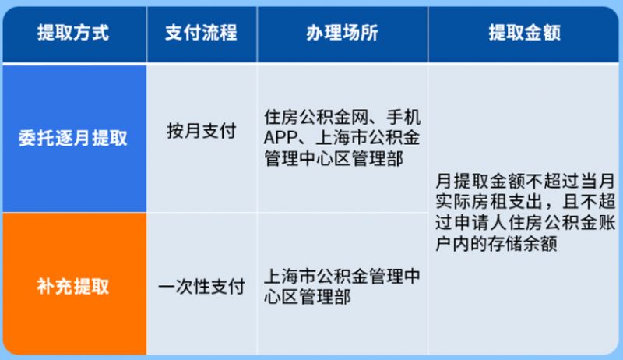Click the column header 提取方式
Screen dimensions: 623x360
point(73,33)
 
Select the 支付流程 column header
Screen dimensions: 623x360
point(201,33)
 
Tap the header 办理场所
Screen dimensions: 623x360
point(342,33)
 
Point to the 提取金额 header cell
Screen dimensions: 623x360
point(524,33)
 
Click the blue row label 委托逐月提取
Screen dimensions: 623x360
point(73,138)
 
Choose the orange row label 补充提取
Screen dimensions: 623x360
point(73,286)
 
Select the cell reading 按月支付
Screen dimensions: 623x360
point(202,131)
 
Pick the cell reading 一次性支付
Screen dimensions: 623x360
point(202,287)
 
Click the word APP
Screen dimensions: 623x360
point(280,138)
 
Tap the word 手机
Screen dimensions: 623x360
point(403,117)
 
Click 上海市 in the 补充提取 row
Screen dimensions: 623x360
point(290,276)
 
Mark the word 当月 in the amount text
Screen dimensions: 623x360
point(598,182)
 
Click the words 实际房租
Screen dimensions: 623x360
point(470,202)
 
